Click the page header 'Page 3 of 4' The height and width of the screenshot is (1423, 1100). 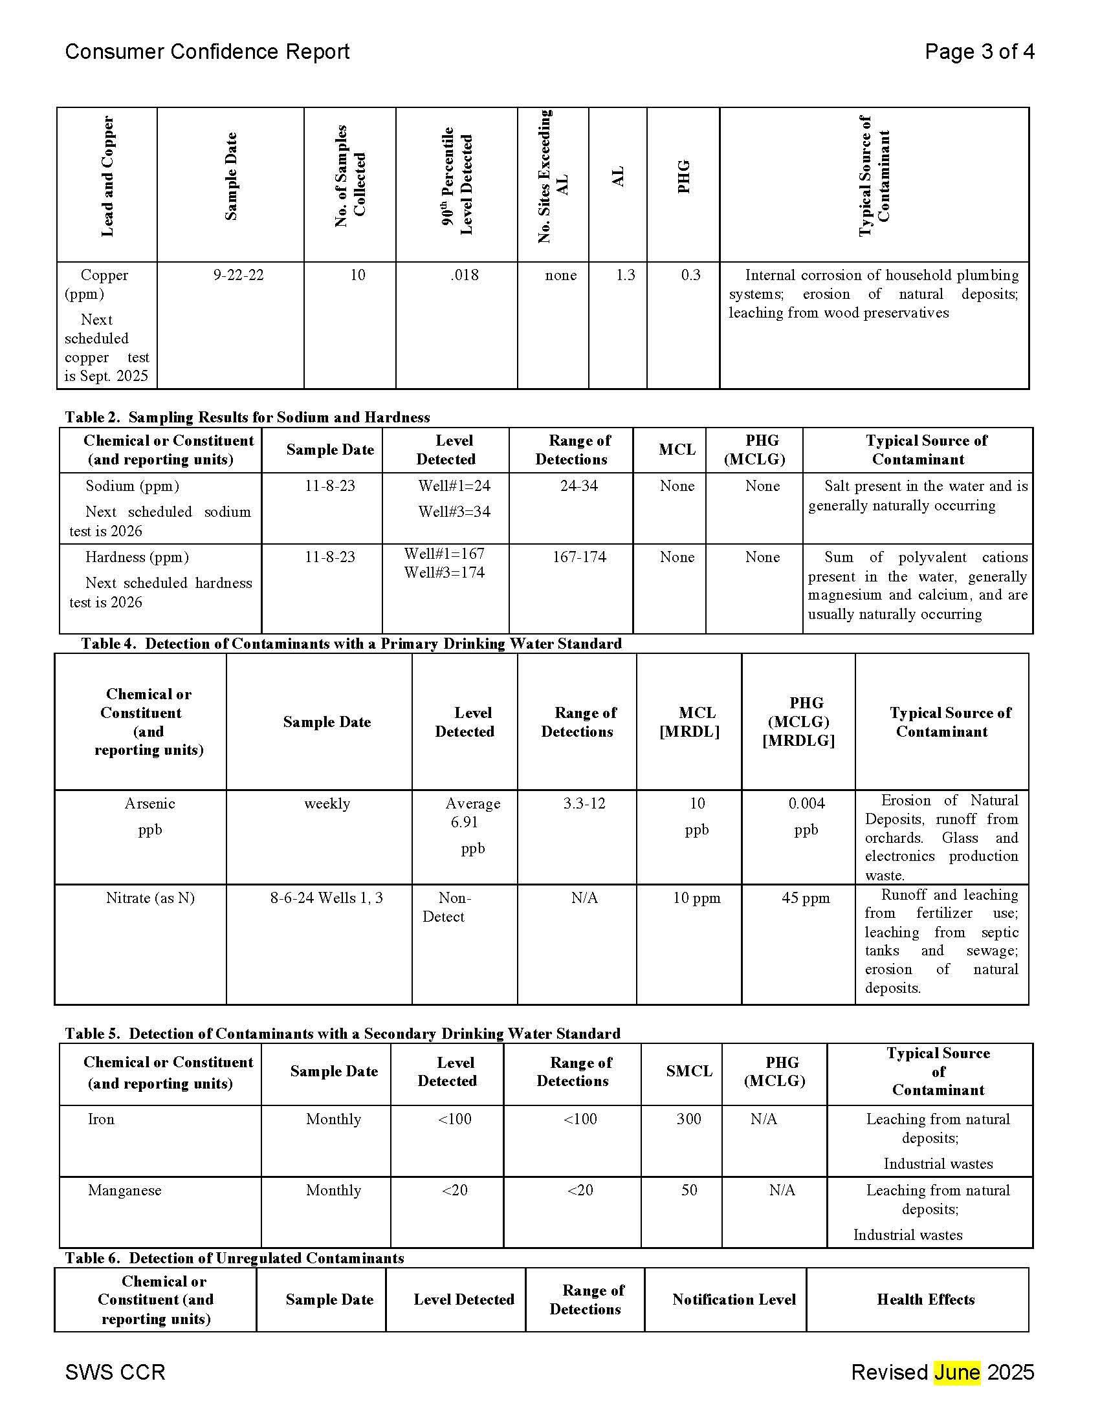pyautogui.click(x=979, y=52)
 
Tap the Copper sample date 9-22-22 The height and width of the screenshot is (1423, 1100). pyautogui.click(x=239, y=275)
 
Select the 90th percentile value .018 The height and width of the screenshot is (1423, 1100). pyautogui.click(x=464, y=275)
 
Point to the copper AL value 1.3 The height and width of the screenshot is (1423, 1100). pyautogui.click(x=625, y=275)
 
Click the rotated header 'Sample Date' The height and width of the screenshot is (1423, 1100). pyautogui.click(x=231, y=177)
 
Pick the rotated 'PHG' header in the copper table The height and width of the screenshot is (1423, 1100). pyautogui.click(x=683, y=177)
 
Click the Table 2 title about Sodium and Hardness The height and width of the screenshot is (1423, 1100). pyautogui.click(x=247, y=417)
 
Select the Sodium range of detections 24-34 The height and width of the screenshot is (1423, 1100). pyautogui.click(x=578, y=486)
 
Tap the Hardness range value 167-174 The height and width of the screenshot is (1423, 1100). pyautogui.click(x=578, y=557)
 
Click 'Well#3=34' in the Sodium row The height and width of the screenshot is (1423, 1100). pyautogui.click(x=454, y=512)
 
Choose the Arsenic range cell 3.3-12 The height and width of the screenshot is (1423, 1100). pyautogui.click(x=584, y=803)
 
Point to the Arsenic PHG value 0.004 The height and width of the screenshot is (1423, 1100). pyautogui.click(x=806, y=803)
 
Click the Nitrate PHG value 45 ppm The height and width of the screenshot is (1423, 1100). pyautogui.click(x=806, y=898)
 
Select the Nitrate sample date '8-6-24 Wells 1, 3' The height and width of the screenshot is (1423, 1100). pyautogui.click(x=327, y=898)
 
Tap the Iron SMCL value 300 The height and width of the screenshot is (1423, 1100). pyautogui.click(x=689, y=1119)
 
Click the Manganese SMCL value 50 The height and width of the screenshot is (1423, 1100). pyautogui.click(x=689, y=1189)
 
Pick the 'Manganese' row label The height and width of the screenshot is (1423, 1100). pyautogui.click(x=124, y=1189)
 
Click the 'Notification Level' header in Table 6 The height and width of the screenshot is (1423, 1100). pyautogui.click(x=734, y=1299)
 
